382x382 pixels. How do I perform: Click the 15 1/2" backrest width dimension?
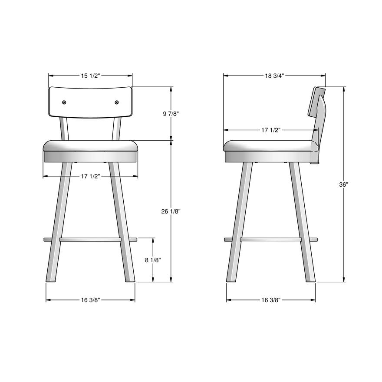[91, 76]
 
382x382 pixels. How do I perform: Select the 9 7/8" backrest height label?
[171, 114]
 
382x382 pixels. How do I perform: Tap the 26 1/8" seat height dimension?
[171, 211]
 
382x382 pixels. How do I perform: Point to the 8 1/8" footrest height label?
[153, 260]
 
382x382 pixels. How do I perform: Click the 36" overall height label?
[344, 184]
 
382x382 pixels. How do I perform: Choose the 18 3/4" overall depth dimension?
[274, 76]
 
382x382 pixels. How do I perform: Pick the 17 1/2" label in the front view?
[90, 176]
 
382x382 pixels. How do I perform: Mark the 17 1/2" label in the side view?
[271, 130]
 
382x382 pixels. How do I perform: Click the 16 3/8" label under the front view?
[90, 300]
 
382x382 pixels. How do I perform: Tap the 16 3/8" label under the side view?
[271, 300]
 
